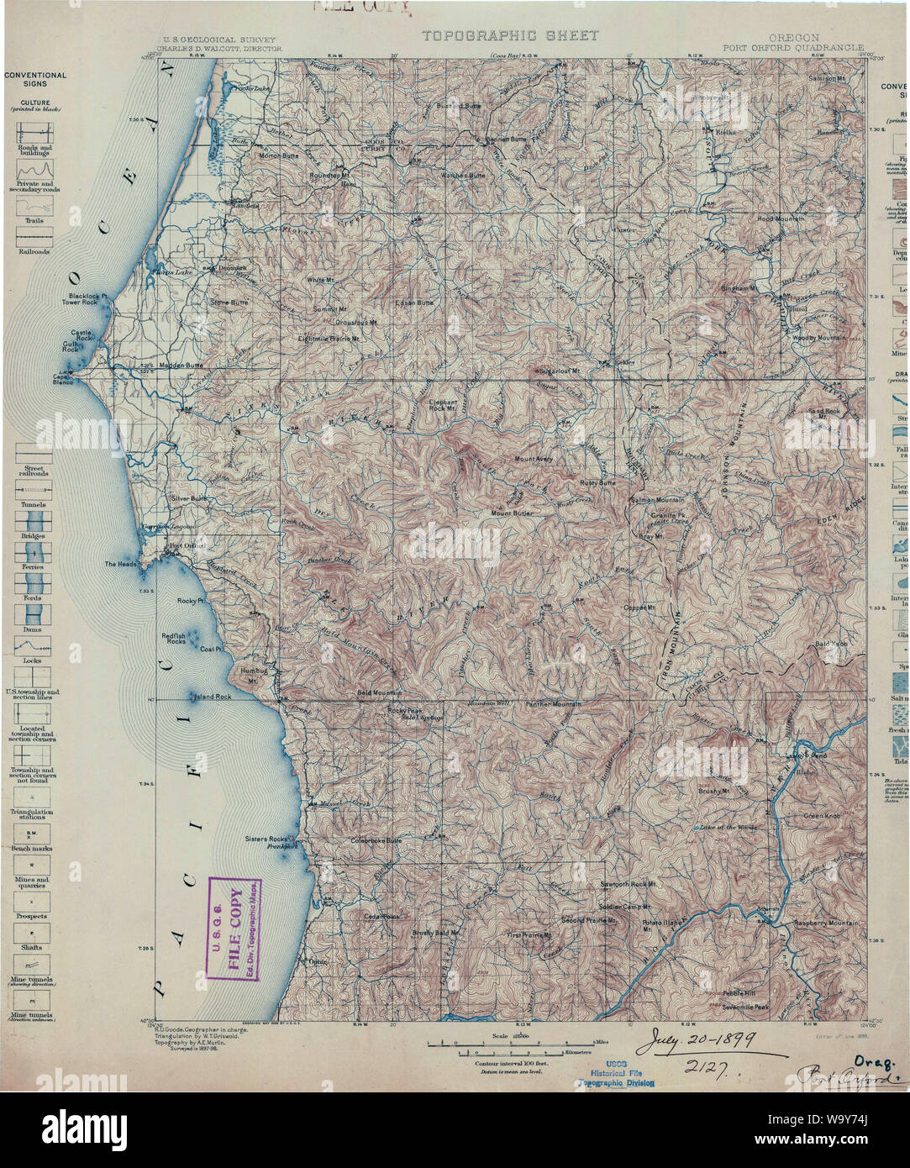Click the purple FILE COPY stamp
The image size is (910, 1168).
pyautogui.click(x=234, y=929)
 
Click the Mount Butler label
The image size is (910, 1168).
pyautogui.click(x=513, y=513)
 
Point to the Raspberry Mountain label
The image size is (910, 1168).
pyautogui.click(x=826, y=923)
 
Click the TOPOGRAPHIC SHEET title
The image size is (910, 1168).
pyautogui.click(x=510, y=35)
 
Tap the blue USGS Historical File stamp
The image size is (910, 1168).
pyautogui.click(x=619, y=1071)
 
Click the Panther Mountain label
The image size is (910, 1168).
pyautogui.click(x=553, y=703)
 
